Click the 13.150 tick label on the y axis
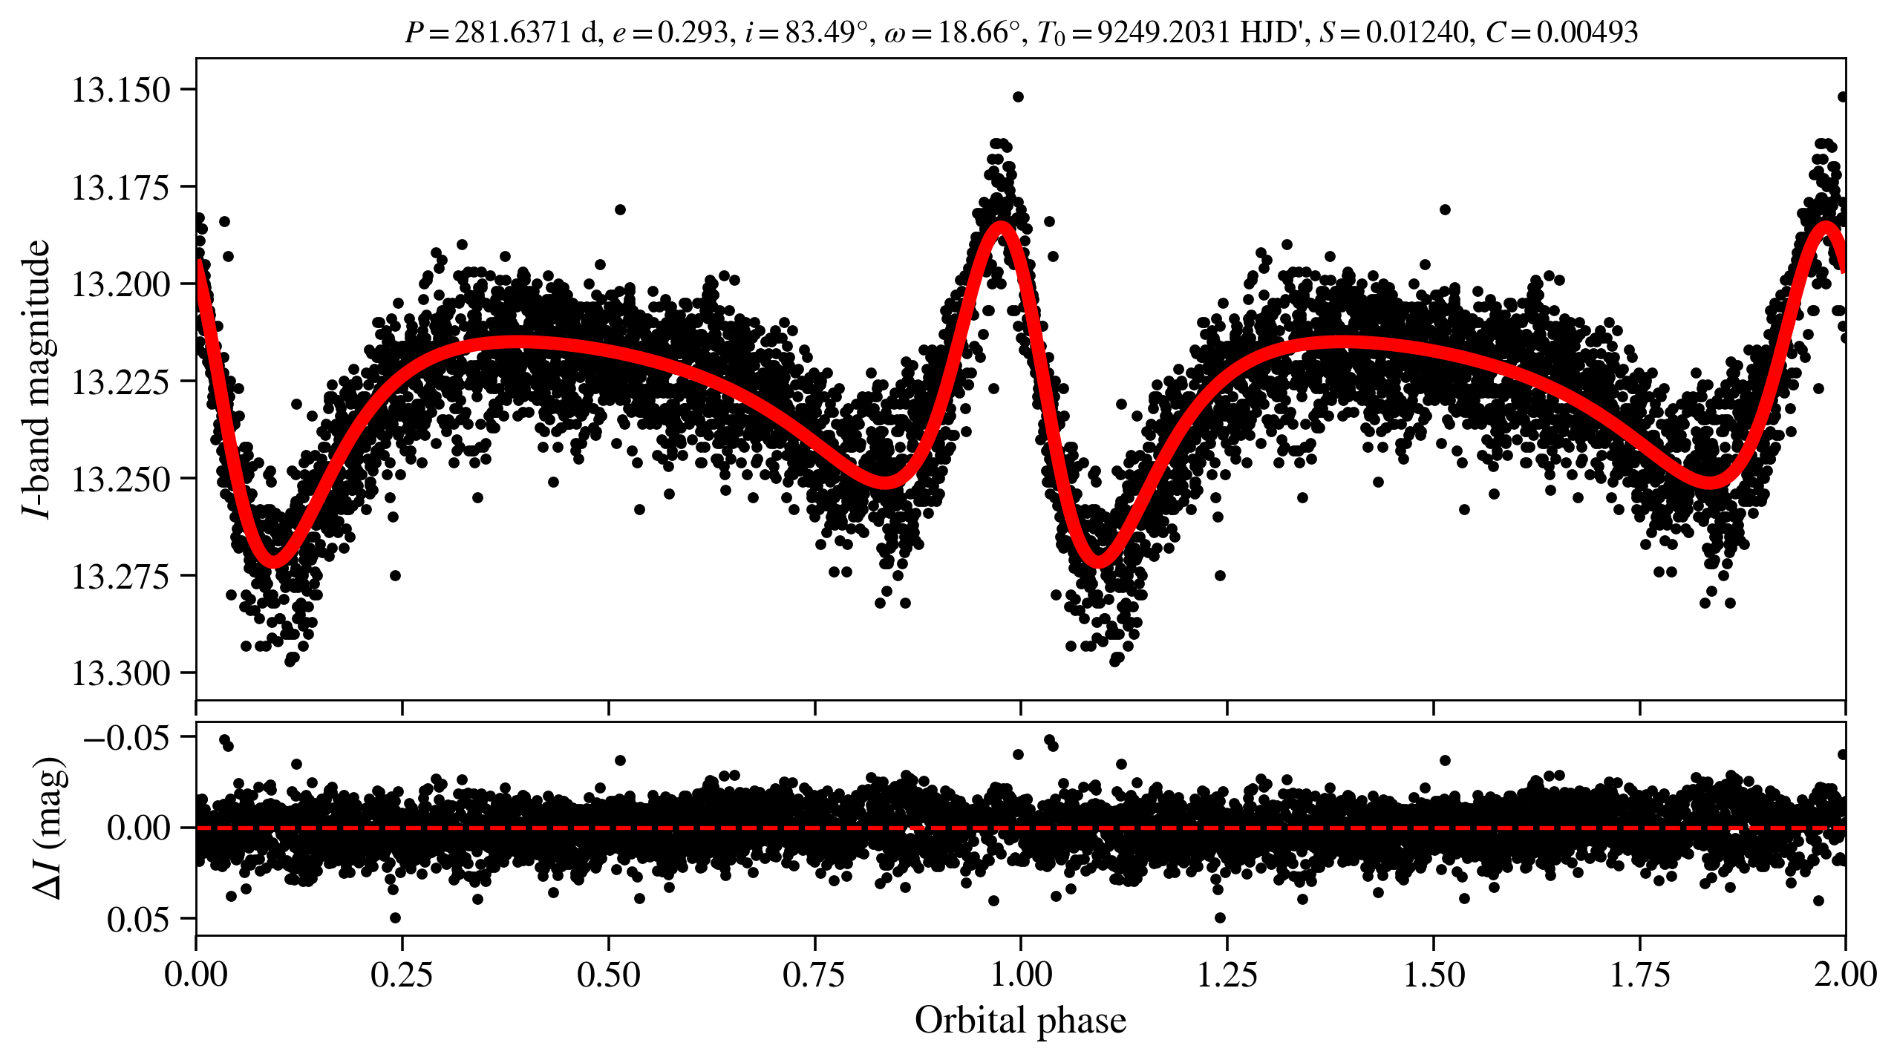pos(120,91)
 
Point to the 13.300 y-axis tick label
pos(120,673)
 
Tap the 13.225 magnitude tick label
pos(120,382)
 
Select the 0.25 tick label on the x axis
pos(402,974)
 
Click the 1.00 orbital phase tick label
pos(1021,974)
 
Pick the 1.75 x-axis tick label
pos(1639,974)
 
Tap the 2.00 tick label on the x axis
pos(1845,974)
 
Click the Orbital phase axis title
pos(1020,1020)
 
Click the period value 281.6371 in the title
pos(512,33)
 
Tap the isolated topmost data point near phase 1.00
pos(1018,97)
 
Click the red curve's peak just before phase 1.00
pos(1002,227)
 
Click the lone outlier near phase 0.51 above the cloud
pos(621,209)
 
